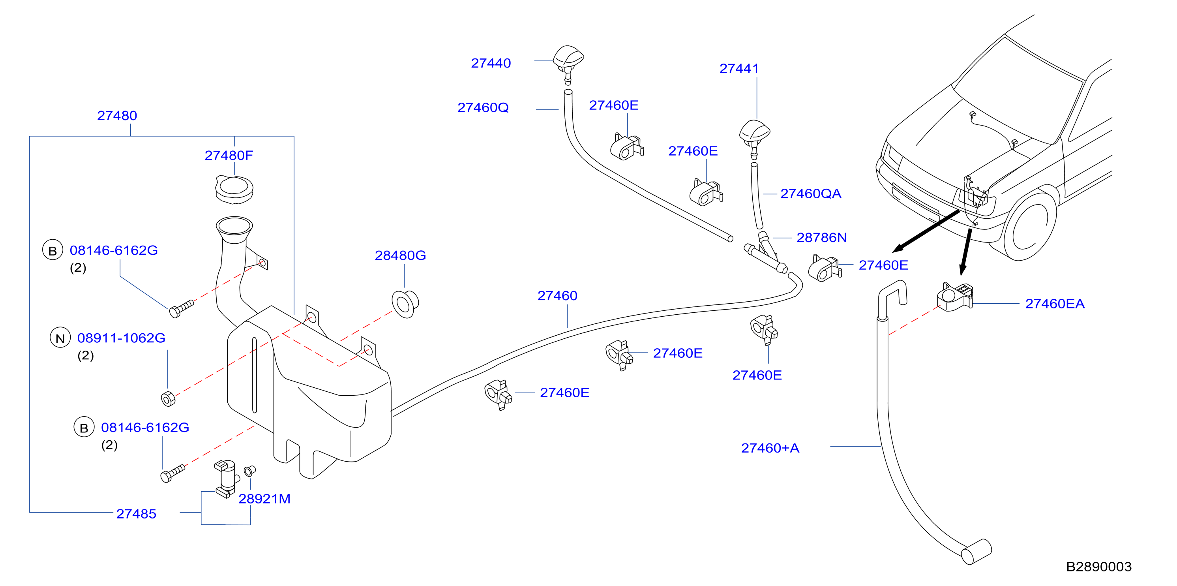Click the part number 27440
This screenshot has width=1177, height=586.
pos(491,63)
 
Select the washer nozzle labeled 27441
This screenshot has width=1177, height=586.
pos(754,137)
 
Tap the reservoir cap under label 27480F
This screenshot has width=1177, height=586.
pos(234,190)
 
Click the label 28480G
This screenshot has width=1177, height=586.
pos(400,255)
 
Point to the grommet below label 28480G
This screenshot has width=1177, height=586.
pos(405,304)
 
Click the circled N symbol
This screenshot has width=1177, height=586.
pos(60,338)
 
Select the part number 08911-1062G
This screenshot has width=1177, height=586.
pos(121,338)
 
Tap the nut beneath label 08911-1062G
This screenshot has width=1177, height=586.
pos(168,398)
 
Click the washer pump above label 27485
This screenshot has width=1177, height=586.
pos(226,479)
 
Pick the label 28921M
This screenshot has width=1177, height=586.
pos(264,499)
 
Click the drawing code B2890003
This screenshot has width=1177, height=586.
pos(1099,567)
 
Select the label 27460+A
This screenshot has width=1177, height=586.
pos(770,448)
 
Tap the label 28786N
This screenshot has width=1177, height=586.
pos(821,238)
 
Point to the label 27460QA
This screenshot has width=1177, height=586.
pos(811,194)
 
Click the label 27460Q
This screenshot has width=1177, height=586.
pos(483,107)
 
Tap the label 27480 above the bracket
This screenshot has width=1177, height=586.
pos(117,116)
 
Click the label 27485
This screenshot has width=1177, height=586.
pos(136,514)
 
